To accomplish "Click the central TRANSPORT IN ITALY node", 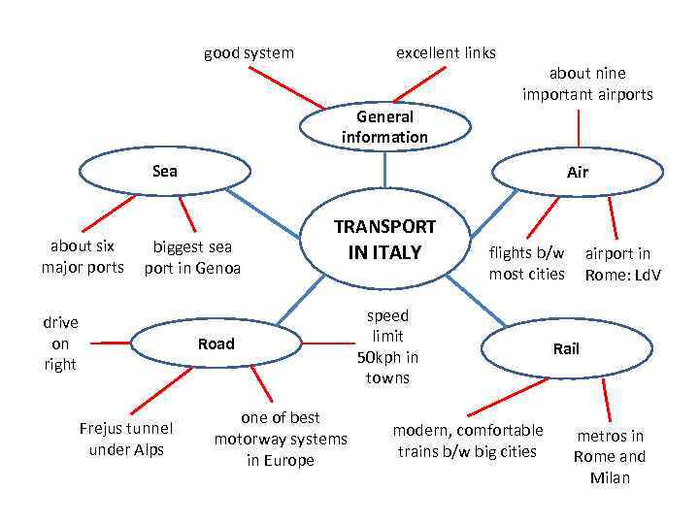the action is click(x=385, y=240).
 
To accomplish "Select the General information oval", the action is click(x=384, y=127).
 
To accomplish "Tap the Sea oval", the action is click(x=165, y=172).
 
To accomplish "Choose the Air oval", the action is click(x=579, y=173).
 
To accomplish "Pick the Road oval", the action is click(x=216, y=344).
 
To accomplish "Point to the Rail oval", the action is click(x=566, y=347).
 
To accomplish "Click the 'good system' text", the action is click(x=249, y=52).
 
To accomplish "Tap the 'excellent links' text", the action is click(x=446, y=52).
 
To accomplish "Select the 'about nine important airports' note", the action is click(x=587, y=83).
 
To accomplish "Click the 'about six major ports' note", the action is click(x=83, y=256).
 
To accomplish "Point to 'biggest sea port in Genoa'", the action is click(x=192, y=257).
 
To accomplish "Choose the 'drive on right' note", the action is click(x=60, y=344).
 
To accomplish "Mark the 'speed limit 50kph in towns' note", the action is click(x=387, y=346).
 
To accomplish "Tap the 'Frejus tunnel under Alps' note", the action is click(x=126, y=439).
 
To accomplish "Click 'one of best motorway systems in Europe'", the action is click(x=281, y=439).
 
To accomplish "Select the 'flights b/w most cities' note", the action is click(x=526, y=263).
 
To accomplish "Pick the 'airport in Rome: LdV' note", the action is click(x=622, y=264).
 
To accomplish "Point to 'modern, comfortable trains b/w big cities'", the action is click(x=468, y=441).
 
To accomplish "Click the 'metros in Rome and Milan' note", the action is click(x=610, y=456).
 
